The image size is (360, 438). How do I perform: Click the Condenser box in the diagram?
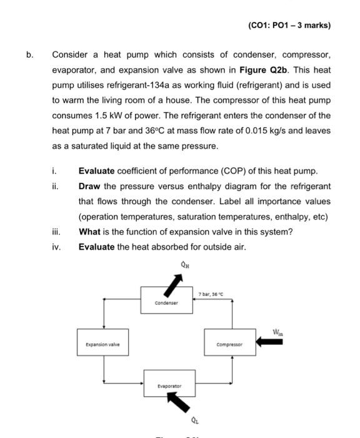(166, 301)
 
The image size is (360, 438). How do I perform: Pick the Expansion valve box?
(102, 344)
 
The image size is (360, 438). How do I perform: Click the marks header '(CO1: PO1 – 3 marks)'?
(289, 26)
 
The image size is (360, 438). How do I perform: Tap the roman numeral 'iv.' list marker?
(57, 247)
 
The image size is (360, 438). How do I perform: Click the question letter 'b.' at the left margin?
(29, 54)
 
